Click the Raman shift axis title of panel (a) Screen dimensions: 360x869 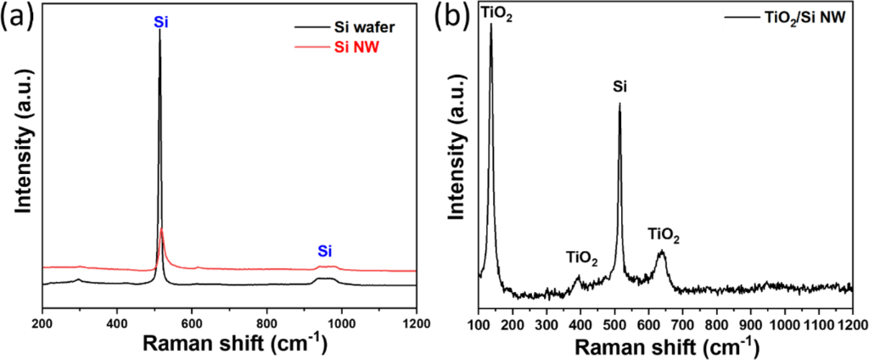coord(229,344)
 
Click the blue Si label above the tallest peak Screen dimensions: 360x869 coord(160,22)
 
